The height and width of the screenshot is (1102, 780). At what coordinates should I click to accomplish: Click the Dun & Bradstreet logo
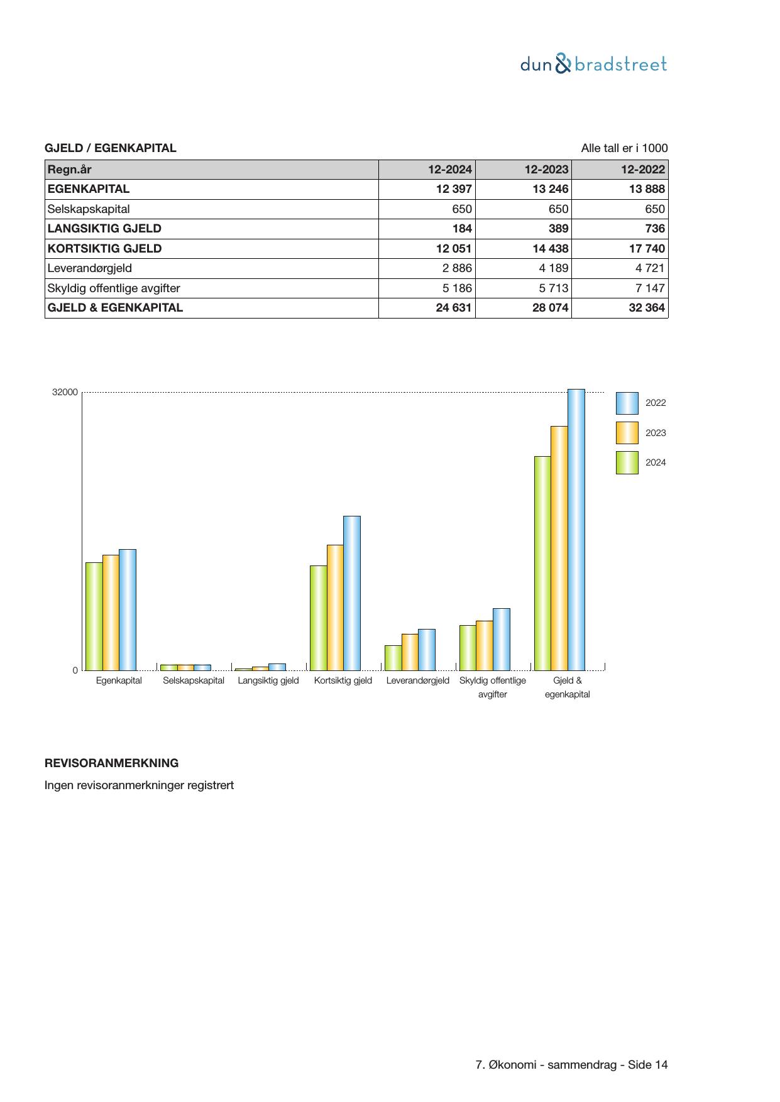coord(593,64)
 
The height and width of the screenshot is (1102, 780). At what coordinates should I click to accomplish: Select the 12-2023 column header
coord(546,170)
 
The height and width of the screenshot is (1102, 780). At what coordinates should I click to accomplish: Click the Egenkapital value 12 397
coord(454,189)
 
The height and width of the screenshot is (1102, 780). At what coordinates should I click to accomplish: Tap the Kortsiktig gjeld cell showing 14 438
coord(550,249)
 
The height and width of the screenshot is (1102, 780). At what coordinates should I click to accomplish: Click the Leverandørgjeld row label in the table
coord(90,268)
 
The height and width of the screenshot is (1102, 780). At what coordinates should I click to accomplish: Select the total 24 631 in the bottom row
coord(454,308)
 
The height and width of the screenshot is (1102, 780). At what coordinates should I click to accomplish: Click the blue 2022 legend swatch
coord(627,403)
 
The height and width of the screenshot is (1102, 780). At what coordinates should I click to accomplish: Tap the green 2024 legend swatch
coord(627,462)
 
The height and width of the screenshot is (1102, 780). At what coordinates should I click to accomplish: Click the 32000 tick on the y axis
coord(65,393)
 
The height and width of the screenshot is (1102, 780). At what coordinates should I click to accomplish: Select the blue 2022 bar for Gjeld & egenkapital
coord(576,530)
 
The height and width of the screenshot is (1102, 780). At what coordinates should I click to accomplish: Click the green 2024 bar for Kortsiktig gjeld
coord(319,618)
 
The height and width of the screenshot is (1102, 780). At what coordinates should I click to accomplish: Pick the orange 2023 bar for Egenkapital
coord(111,613)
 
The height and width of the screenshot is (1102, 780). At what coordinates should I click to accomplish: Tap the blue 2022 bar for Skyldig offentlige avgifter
coord(502,639)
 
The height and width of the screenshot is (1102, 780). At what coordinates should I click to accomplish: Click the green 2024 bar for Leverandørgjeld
coord(393,658)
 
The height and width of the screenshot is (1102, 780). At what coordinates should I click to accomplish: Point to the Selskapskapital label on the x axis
coord(194,680)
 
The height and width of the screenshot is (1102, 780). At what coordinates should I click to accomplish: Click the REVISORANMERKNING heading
coord(111,763)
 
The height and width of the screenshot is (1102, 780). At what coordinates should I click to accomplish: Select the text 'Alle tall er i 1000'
coord(624,148)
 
